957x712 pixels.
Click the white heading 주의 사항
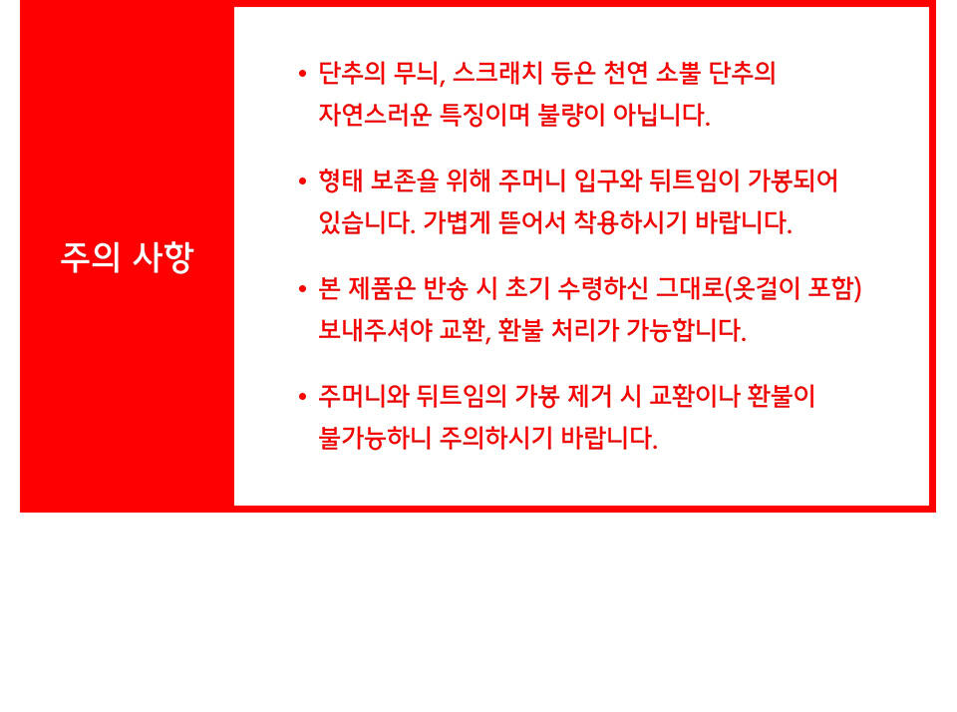127,257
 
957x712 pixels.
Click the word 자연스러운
375,115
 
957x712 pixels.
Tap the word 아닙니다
662,115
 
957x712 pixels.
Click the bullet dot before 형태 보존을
302,181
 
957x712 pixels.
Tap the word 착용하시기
630,222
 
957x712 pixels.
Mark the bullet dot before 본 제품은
302,289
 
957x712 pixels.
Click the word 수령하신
603,288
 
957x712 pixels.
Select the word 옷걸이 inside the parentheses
766,288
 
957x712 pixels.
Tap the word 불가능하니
375,437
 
